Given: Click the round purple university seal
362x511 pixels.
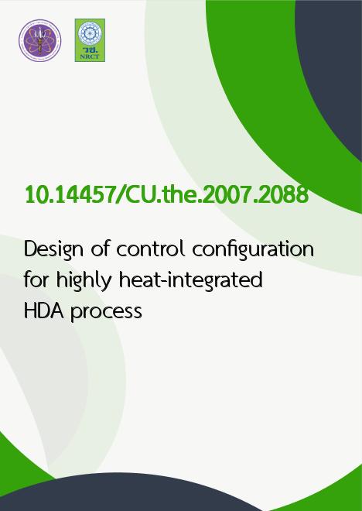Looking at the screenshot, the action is [x=39, y=40].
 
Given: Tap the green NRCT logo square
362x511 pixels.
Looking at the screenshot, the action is [x=90, y=40].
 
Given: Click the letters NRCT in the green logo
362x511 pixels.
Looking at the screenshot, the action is [x=90, y=57].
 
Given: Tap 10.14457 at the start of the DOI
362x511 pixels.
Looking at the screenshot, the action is [x=69, y=195].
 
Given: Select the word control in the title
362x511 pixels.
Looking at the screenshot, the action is [x=151, y=249].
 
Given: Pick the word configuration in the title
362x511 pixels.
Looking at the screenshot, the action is [x=253, y=250].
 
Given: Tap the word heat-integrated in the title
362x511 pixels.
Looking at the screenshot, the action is [x=191, y=280].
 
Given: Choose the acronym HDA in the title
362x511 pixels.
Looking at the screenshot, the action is [x=44, y=311].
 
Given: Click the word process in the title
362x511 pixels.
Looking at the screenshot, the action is [x=107, y=312].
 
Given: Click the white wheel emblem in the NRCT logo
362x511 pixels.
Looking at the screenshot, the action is [x=90, y=33].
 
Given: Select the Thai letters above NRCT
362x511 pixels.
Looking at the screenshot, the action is [x=90, y=50].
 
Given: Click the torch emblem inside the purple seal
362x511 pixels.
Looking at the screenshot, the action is [x=39, y=40].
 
